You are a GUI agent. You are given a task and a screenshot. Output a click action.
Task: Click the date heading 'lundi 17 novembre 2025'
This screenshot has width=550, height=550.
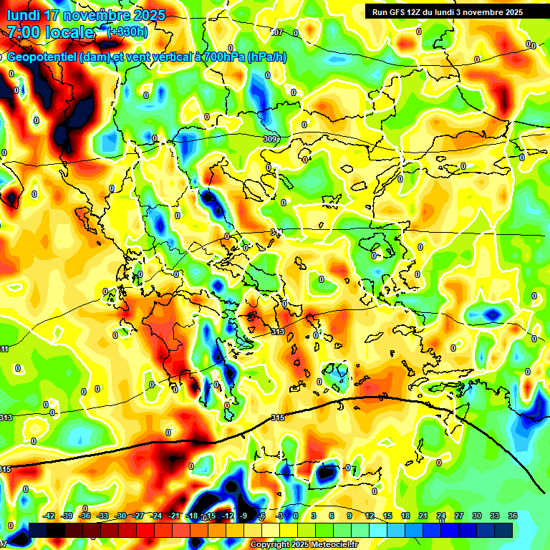(86, 15)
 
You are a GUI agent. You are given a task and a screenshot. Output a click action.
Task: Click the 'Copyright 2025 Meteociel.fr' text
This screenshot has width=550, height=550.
(304, 544)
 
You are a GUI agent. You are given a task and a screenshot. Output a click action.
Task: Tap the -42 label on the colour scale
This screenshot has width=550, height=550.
(49, 516)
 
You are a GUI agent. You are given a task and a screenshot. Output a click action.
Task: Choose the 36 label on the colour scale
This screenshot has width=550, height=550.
(512, 516)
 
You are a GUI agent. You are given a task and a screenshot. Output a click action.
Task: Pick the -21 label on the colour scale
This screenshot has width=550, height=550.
(175, 516)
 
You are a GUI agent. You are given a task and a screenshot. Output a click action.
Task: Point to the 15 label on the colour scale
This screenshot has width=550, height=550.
(387, 516)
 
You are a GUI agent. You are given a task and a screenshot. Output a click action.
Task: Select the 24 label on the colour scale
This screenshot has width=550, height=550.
(441, 516)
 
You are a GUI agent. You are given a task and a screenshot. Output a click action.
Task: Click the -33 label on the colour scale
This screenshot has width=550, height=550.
(103, 516)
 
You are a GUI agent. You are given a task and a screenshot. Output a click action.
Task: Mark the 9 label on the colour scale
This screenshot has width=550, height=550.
(349, 516)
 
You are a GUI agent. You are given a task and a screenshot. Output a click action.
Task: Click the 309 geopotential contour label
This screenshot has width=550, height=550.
(270, 139)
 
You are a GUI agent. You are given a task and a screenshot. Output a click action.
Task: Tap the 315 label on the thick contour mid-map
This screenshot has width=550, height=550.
(278, 418)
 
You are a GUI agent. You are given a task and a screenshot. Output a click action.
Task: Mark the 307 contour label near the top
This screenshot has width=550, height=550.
(277, 33)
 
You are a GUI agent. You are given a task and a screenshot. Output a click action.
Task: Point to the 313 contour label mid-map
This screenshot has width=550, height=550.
(278, 332)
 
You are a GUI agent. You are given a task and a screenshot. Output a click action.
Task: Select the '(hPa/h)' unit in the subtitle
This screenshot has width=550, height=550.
(266, 57)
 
